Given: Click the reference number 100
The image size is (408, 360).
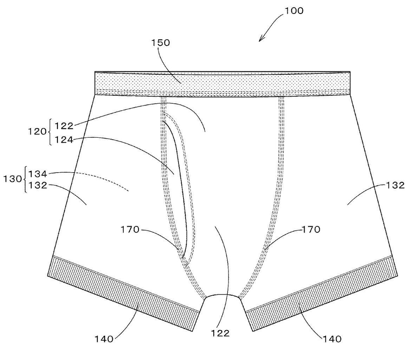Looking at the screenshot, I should click(294, 11).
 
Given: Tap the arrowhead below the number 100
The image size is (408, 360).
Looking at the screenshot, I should click(260, 39).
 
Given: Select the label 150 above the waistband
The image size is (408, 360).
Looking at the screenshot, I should click(160, 43).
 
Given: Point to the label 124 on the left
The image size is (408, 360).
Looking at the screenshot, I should click(64, 140).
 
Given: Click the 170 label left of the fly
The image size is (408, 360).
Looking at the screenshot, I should click(130, 230).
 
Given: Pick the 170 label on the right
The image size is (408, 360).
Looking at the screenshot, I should click(311, 230).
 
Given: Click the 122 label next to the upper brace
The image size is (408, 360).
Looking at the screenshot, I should click(64, 126).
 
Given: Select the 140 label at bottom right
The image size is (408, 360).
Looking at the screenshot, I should click(331, 339).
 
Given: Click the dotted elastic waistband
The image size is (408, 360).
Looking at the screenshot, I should click(222, 83).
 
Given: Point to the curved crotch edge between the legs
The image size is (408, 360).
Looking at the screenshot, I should click(222, 295).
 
